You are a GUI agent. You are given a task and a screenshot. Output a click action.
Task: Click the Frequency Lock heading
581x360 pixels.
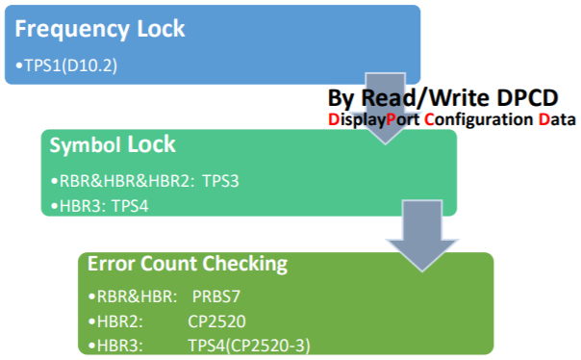pyautogui.click(x=100, y=29)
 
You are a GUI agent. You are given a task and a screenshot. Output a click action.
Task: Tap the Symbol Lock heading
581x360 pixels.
pyautogui.click(x=113, y=145)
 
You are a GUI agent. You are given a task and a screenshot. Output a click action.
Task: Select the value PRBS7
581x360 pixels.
pyautogui.click(x=216, y=297)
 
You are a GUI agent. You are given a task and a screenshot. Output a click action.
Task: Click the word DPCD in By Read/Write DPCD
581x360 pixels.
pyautogui.click(x=537, y=98)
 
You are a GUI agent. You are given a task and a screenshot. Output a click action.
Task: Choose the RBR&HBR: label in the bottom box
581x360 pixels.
pyautogui.click(x=128, y=297)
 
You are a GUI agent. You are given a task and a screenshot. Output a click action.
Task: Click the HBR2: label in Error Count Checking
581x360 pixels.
pyautogui.click(x=114, y=321)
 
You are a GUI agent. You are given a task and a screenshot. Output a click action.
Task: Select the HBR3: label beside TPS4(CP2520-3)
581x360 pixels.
pyautogui.click(x=114, y=344)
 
